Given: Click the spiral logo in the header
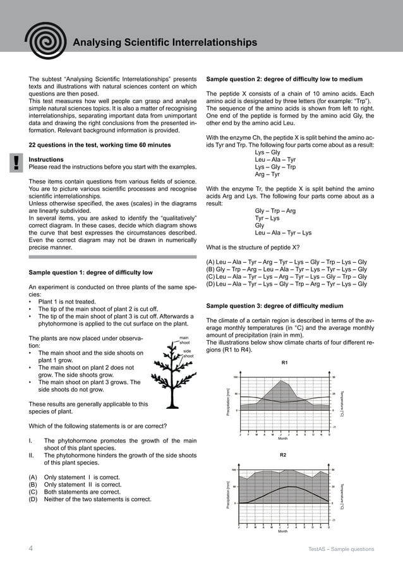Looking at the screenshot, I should (x=42, y=40).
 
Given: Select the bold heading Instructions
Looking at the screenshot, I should (x=46, y=160).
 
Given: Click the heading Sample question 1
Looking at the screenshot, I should (x=91, y=272).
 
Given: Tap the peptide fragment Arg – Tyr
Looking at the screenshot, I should (x=267, y=174).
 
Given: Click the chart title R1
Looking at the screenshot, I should (x=284, y=363).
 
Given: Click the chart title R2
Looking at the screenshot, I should (x=283, y=454).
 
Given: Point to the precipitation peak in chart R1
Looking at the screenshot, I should (x=280, y=381).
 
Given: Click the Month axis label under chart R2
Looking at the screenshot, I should (x=283, y=531).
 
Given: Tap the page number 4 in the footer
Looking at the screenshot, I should (x=31, y=549).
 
